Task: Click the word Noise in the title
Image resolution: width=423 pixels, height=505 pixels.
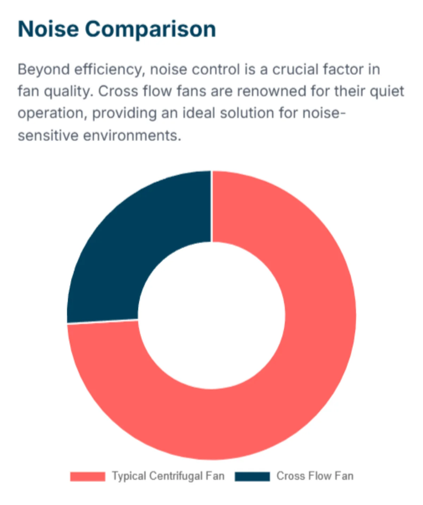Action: coord(48,29)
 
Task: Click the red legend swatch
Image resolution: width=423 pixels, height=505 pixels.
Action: coord(88,476)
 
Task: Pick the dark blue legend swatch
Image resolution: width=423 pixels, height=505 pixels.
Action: coord(252,476)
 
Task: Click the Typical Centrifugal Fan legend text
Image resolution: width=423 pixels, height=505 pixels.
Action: coord(168,476)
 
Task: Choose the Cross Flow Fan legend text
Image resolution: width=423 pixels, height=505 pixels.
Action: coord(315,476)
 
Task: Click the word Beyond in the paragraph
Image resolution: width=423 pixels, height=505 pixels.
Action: coord(44,70)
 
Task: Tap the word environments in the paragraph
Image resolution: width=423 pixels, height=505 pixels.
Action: coord(132,136)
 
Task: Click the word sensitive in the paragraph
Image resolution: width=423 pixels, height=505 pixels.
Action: coord(48,136)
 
